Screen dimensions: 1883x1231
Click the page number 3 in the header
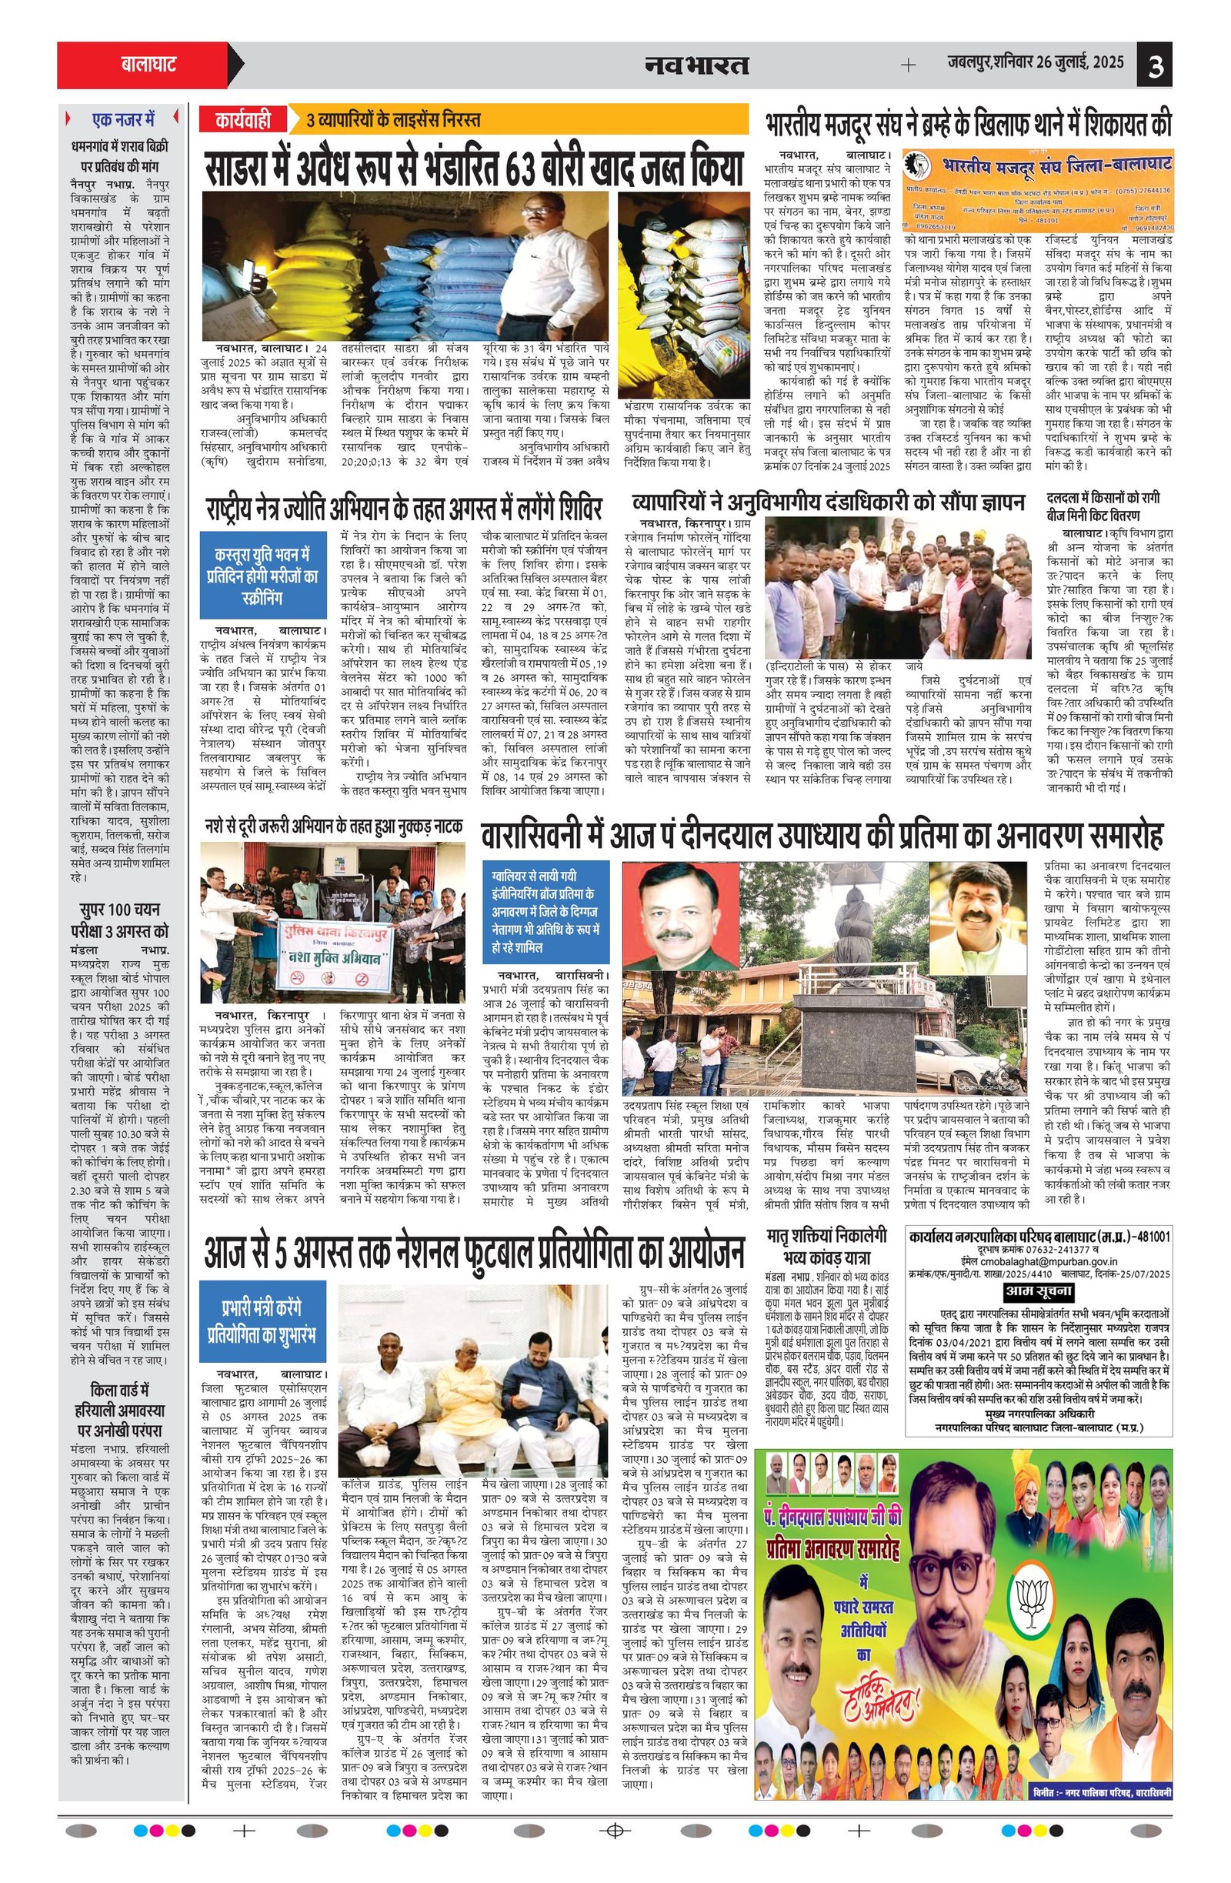(x=1155, y=65)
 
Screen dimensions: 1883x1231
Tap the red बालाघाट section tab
(x=148, y=64)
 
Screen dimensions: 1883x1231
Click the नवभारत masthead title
(x=696, y=65)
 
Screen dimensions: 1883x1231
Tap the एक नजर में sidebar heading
(x=123, y=120)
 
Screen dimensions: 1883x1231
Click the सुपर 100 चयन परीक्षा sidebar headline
(x=123, y=919)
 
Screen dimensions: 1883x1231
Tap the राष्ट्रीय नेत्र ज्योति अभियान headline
(x=404, y=506)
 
